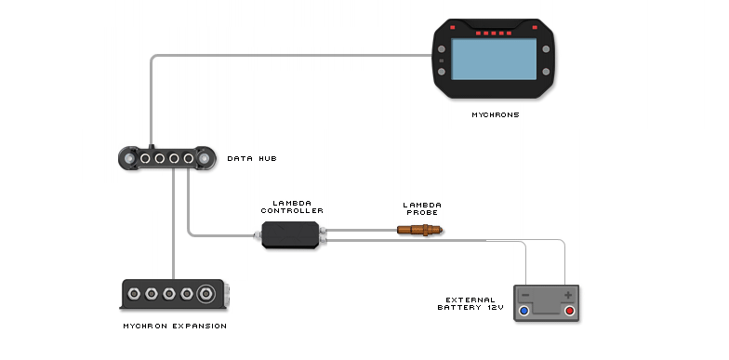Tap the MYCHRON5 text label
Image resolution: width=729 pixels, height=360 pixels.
click(x=494, y=115)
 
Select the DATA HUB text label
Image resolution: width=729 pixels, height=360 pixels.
click(x=251, y=159)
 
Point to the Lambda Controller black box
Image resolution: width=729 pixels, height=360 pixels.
click(x=289, y=234)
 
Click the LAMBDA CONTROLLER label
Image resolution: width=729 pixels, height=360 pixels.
click(x=292, y=207)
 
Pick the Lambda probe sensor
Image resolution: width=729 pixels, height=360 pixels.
click(x=419, y=229)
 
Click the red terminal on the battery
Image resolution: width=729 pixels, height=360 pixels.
click(x=568, y=311)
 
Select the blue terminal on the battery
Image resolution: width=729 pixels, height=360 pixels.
click(x=524, y=311)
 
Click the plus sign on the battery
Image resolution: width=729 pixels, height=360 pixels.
click(x=567, y=294)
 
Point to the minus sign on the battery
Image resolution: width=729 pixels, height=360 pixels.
click(x=525, y=294)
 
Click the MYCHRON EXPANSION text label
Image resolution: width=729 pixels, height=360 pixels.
click(x=175, y=326)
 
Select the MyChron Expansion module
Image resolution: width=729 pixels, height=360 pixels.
click(x=175, y=295)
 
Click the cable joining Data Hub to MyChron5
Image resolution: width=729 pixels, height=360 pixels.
click(x=279, y=56)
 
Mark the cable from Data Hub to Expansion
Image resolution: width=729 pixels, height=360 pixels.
click(x=173, y=223)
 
